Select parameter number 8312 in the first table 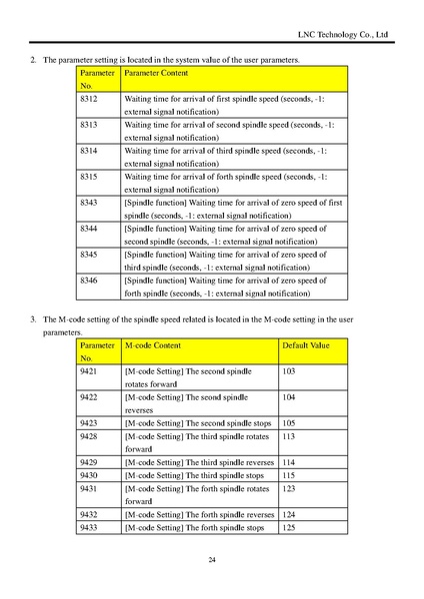coord(88,101)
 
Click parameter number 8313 coord(88,126)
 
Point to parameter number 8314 coord(88,151)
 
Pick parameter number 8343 coord(88,202)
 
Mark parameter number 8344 coord(88,228)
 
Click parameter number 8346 coord(88,281)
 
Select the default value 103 coord(289,370)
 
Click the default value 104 coord(289,396)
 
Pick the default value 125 coord(289,527)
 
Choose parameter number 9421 coord(88,370)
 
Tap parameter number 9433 coord(88,527)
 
